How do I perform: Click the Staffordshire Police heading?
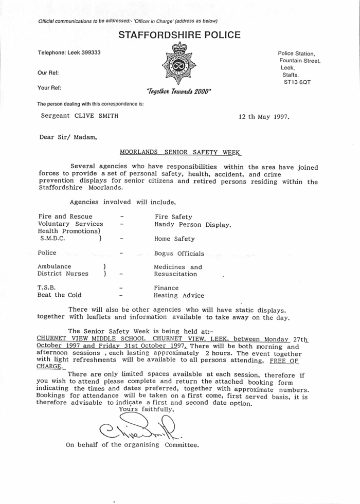click(x=179, y=35)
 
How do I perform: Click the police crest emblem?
click(x=179, y=64)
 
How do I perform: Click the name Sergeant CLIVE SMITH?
click(x=80, y=116)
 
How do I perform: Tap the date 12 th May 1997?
click(x=264, y=116)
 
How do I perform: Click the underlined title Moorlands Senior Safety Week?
click(x=180, y=152)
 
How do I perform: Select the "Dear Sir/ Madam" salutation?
click(x=68, y=137)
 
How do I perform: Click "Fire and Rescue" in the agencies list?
click(x=65, y=217)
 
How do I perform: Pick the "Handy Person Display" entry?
click(x=193, y=224)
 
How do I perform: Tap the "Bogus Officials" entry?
click(x=179, y=254)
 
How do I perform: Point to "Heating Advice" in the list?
click(x=179, y=296)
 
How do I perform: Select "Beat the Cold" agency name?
click(x=59, y=296)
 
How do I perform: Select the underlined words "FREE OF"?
click(x=284, y=361)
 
